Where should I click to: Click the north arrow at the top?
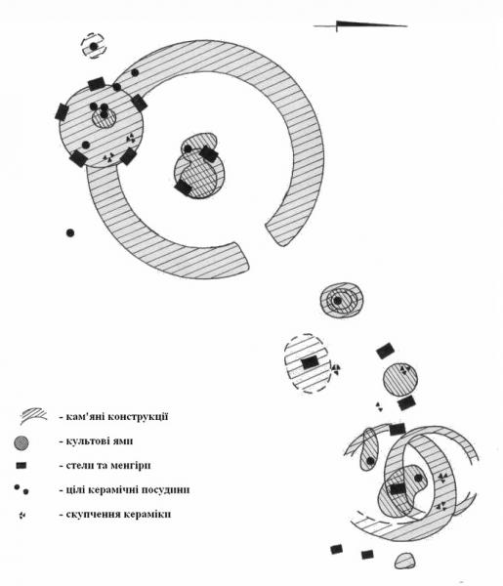tap(360, 25)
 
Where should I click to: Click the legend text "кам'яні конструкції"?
tap(117, 416)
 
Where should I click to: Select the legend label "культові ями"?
tap(100, 441)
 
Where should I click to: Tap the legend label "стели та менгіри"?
tap(108, 466)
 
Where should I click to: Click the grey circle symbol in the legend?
tap(21, 442)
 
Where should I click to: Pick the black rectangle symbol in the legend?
tap(21, 466)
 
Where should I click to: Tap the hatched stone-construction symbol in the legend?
tap(33, 415)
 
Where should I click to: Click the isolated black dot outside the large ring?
tap(70, 232)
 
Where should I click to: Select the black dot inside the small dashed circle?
tap(94, 46)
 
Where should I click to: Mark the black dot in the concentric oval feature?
tap(338, 301)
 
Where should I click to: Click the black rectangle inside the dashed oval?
tap(310, 362)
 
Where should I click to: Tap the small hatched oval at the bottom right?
tap(404, 562)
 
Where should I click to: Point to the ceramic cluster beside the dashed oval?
tap(336, 369)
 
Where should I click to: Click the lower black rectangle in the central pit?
tap(184, 187)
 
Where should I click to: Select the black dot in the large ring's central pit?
tap(188, 149)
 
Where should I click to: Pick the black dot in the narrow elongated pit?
tap(370, 461)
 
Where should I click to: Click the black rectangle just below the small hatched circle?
tap(406, 402)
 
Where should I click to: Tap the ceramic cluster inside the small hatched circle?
tap(405, 369)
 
